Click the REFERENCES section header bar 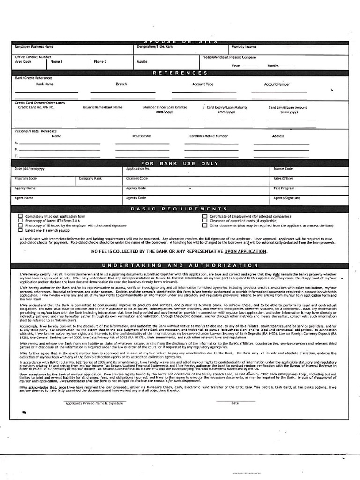(180, 73)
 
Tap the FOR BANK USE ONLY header (180, 163)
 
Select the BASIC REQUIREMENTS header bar (180, 209)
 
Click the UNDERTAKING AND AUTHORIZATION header (180, 266)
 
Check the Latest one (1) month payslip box (21, 231)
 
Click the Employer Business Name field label (34, 47)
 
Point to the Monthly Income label (244, 47)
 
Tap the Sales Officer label (284, 179)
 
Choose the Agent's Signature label (287, 198)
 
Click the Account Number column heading (277, 84)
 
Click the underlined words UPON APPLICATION (246, 252)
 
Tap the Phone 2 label (100, 61)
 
